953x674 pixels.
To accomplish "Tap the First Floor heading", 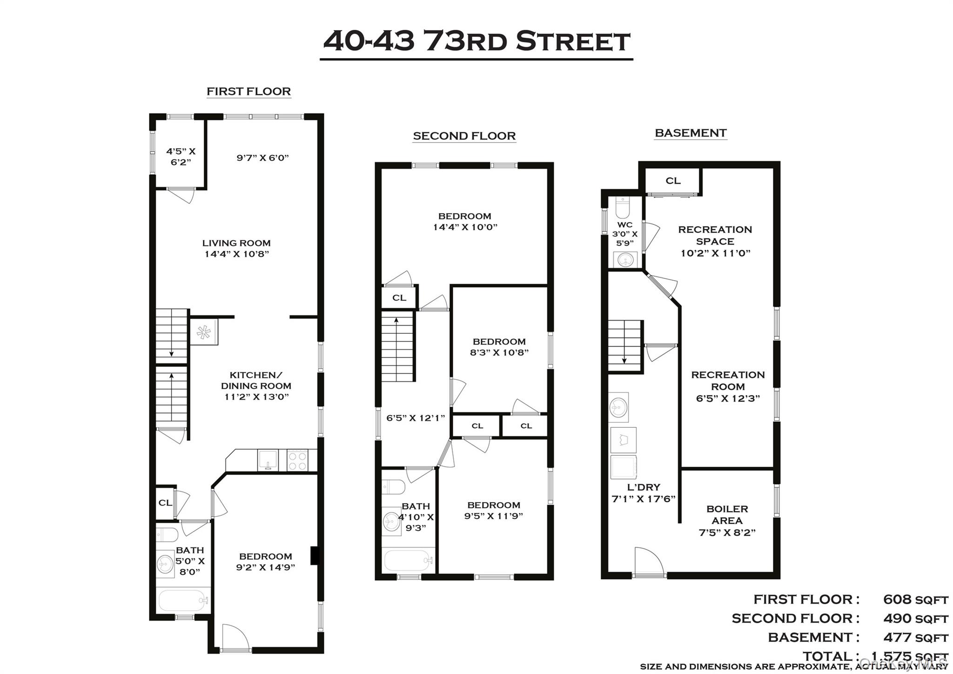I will click(x=248, y=91).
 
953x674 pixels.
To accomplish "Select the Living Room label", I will click(x=236, y=243).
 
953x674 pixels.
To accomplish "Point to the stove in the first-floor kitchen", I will click(x=297, y=460).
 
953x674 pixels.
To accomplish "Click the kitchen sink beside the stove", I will click(x=268, y=460).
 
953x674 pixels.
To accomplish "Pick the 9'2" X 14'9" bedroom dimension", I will click(x=266, y=567).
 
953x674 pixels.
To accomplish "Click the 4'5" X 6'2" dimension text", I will click(x=181, y=156).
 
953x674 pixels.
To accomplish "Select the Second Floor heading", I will click(x=464, y=136).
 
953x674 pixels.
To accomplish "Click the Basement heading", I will click(x=691, y=133).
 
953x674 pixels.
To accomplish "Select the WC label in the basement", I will click(x=624, y=225).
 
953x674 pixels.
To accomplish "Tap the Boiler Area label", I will click(x=727, y=515).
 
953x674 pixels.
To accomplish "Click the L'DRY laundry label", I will click(x=644, y=487).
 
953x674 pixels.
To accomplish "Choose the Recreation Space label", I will click(x=715, y=236).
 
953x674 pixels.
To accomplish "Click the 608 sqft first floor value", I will click(x=915, y=600).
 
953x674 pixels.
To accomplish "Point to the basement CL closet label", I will click(x=673, y=181).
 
